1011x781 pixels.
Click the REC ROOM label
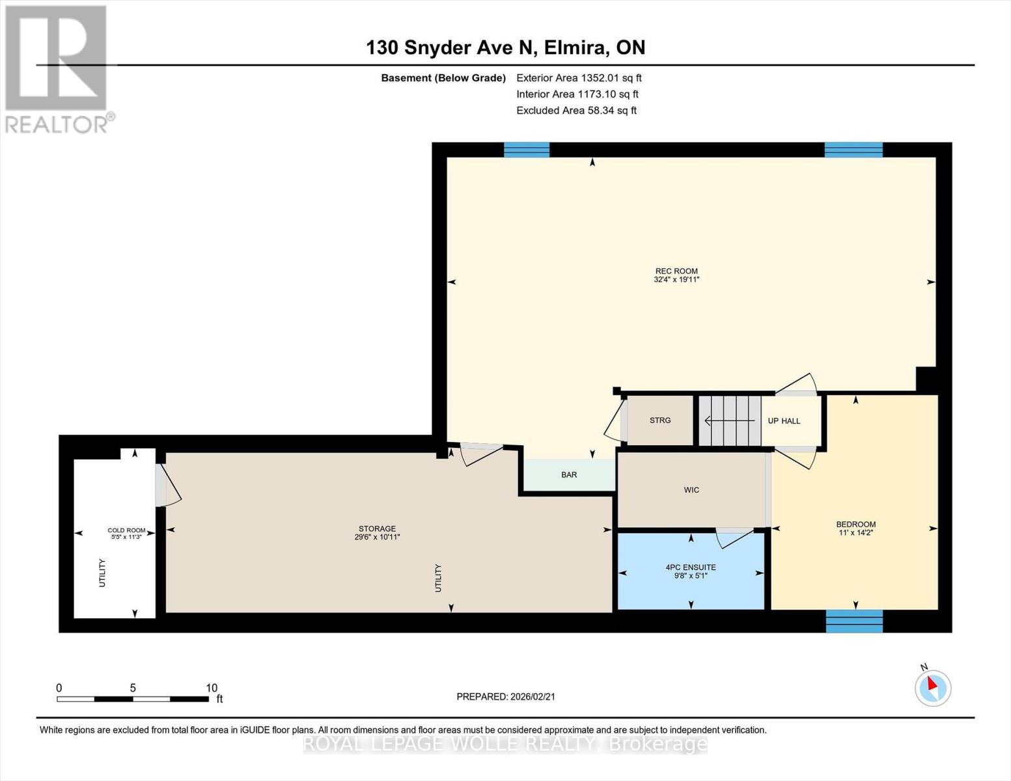point(676,271)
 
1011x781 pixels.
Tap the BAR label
point(569,475)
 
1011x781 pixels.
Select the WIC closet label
point(691,490)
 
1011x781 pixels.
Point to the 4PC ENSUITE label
point(691,568)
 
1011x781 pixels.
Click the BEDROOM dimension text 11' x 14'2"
point(855,533)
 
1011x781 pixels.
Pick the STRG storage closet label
point(660,420)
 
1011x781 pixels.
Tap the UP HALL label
point(784,421)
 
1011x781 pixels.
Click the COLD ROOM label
point(126,530)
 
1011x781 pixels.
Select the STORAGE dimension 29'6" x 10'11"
point(378,537)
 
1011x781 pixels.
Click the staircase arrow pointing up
point(730,421)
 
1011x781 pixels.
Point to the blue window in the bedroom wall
point(854,622)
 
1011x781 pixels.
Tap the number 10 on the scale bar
point(212,688)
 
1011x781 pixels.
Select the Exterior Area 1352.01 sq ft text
point(579,78)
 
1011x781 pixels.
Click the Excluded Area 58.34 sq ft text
point(576,111)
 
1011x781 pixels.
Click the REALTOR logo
point(58,70)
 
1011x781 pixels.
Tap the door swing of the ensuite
point(734,538)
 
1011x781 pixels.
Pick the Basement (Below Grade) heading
point(443,78)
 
